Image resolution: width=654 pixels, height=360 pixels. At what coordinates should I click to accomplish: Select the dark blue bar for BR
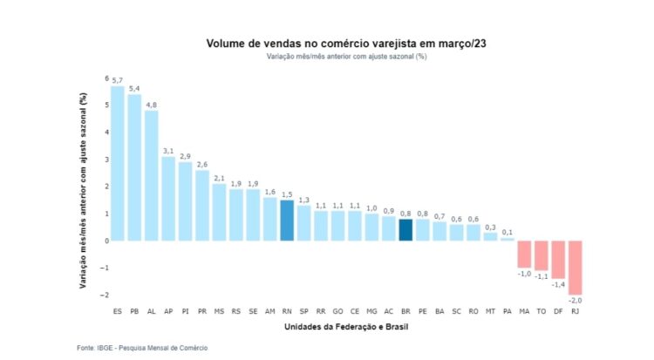point(405,229)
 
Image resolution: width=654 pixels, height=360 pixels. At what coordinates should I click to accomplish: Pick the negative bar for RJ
point(576,267)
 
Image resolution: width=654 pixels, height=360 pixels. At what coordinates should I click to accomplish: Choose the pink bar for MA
point(524,254)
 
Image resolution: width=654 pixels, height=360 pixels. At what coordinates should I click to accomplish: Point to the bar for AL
point(151,175)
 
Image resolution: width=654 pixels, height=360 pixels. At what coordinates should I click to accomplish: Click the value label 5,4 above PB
point(134,89)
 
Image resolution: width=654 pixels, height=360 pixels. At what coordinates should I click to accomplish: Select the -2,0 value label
point(576,301)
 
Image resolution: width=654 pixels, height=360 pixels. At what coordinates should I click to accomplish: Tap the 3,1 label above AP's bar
point(168,151)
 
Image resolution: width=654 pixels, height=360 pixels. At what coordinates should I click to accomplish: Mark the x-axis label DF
point(558,310)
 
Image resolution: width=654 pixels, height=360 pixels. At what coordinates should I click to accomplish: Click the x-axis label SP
point(303,310)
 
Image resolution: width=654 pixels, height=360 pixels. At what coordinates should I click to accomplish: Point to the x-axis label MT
point(490,310)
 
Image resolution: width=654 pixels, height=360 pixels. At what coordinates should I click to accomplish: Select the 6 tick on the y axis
point(107,78)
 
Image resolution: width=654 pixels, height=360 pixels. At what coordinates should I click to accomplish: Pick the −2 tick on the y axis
point(106,295)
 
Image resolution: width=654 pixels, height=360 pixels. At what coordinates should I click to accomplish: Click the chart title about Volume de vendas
point(346,42)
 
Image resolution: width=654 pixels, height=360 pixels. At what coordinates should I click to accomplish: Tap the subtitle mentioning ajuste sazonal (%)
point(346,56)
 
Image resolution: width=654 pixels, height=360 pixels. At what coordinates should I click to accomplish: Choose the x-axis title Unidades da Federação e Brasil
point(346,327)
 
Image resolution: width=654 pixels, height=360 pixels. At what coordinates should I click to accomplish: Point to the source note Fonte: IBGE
point(141,348)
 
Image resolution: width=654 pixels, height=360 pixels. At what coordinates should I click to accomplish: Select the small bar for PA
point(508,238)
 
